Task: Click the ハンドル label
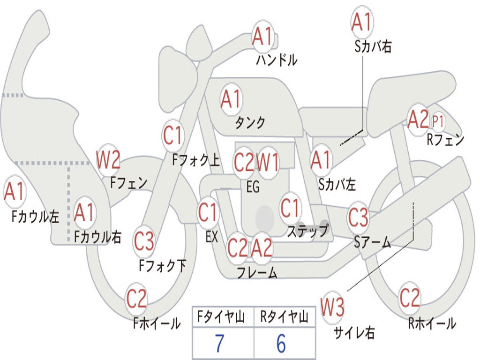(277, 60)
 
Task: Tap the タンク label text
(250, 123)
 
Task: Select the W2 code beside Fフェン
(108, 160)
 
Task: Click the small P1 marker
(438, 121)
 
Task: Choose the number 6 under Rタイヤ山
(281, 344)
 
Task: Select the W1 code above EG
(268, 163)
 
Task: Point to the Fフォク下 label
(163, 266)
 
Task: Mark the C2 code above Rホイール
(410, 298)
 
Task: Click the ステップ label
(307, 231)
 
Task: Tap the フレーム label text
(256, 273)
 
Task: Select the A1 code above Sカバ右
(361, 22)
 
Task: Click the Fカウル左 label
(36, 217)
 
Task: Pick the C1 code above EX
(208, 213)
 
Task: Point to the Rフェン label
(445, 139)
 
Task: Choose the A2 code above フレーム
(262, 247)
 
